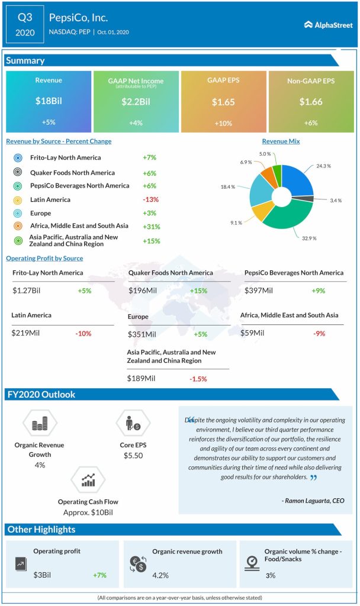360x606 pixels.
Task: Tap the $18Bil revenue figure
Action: coord(49,101)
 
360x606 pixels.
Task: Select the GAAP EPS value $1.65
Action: coord(223,102)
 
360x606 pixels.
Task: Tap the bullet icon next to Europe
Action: coord(18,213)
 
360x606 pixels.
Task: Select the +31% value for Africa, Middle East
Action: coord(152,227)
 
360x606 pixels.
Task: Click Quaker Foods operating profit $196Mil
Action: coord(142,291)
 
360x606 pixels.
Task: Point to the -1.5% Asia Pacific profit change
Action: coord(199,379)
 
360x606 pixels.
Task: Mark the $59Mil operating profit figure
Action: coord(253,333)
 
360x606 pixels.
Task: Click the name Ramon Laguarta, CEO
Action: coord(313,501)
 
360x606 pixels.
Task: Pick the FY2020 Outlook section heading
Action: coord(41,395)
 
